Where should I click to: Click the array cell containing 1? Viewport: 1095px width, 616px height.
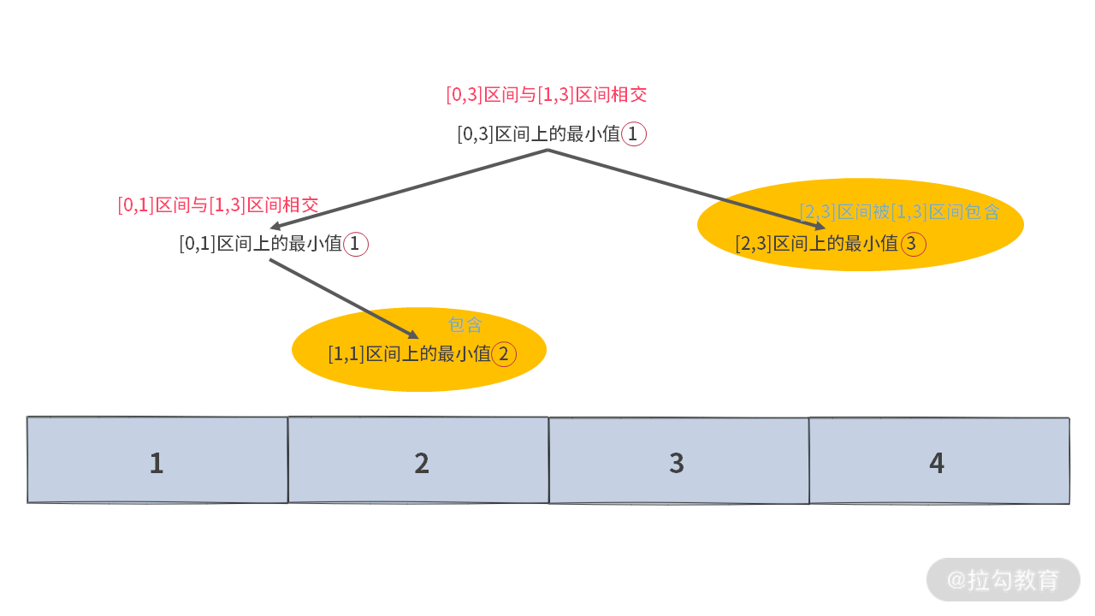click(157, 460)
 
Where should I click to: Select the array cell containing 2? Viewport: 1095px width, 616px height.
click(418, 460)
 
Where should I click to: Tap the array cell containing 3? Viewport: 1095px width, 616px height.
click(678, 460)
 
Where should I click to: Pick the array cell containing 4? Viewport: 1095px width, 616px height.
click(938, 460)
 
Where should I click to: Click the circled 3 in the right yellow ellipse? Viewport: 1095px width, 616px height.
click(912, 244)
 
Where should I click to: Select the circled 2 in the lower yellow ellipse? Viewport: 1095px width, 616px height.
click(504, 353)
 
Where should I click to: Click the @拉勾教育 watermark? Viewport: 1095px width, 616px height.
click(1003, 580)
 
